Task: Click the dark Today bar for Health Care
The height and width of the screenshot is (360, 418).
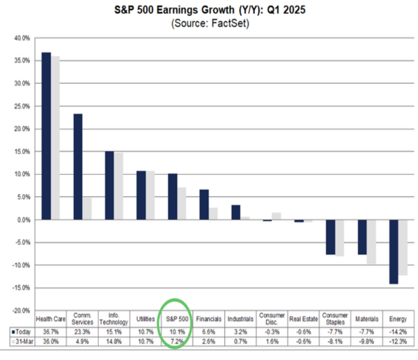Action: [46, 136]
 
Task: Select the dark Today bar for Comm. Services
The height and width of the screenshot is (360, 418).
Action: [77, 166]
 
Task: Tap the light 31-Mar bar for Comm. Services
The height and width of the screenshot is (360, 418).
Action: [87, 208]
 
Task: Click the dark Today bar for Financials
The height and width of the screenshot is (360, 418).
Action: [203, 205]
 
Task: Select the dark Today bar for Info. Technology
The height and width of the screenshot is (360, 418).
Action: [109, 185]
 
